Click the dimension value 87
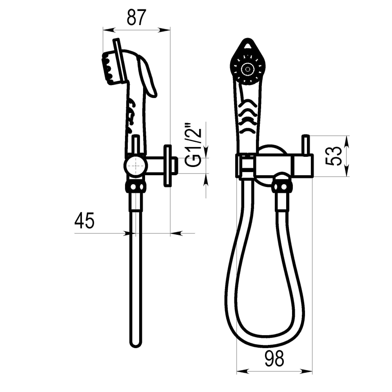click(x=136, y=18)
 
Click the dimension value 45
click(x=85, y=221)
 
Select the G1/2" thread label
click(x=193, y=144)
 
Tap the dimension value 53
click(x=334, y=156)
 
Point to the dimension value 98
click(x=274, y=359)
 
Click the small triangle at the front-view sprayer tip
click(x=248, y=46)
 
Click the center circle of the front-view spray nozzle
click(x=247, y=69)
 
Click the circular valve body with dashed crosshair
click(x=136, y=166)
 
